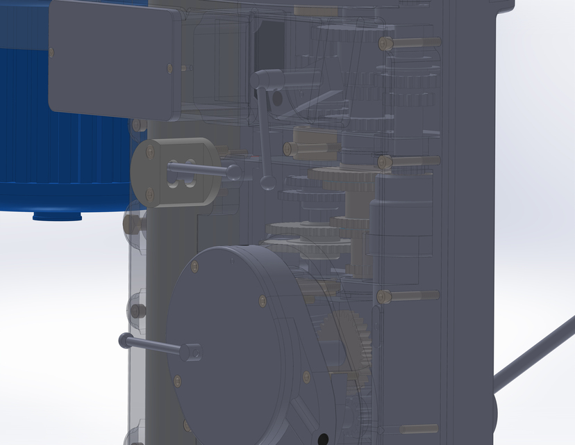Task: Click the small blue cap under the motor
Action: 57,216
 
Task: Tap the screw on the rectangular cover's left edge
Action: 52,52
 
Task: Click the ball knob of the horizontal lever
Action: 234,172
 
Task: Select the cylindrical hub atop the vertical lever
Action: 266,79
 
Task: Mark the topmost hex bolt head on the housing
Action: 385,43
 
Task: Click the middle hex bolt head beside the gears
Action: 385,163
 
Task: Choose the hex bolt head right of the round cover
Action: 385,297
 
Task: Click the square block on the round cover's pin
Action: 192,353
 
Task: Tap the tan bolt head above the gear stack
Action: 290,148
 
